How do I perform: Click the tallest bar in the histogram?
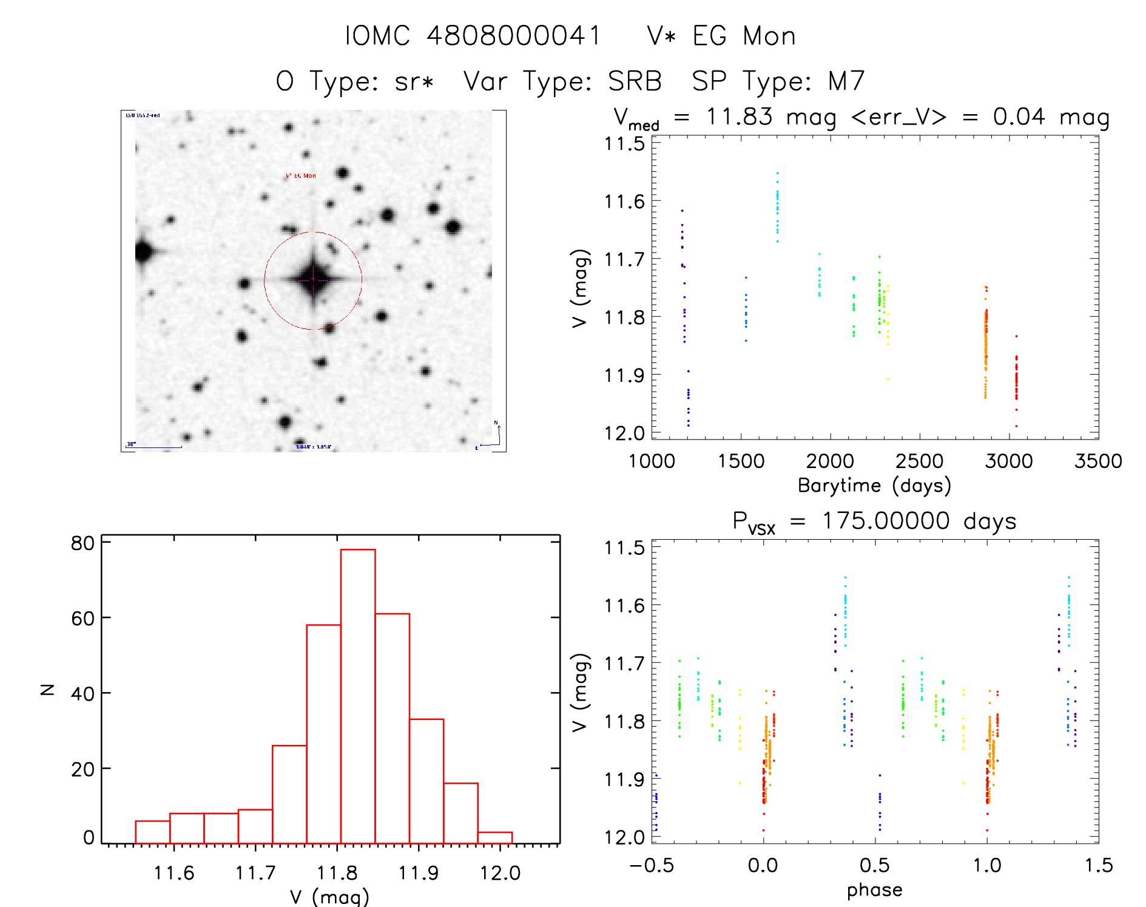[358, 695]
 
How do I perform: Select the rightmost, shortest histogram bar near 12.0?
[495, 838]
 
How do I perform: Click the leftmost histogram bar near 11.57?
[152, 832]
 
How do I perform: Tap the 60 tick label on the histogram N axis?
[83, 619]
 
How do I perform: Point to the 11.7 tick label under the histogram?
[255, 873]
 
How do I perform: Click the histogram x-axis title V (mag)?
[329, 897]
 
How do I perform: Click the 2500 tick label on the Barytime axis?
[919, 461]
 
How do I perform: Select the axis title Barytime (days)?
[874, 486]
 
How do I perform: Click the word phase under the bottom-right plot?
[874, 890]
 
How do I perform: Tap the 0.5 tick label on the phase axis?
[874, 866]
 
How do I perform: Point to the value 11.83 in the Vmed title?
[739, 117]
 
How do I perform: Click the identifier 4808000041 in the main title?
[513, 36]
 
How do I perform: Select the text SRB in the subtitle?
[635, 81]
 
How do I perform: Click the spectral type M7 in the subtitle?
[846, 81]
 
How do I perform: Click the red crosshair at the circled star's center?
[313, 279]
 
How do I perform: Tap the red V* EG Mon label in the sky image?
[301, 176]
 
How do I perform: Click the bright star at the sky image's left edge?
[143, 251]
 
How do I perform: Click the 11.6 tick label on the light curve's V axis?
[624, 202]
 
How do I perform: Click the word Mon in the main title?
[769, 36]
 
